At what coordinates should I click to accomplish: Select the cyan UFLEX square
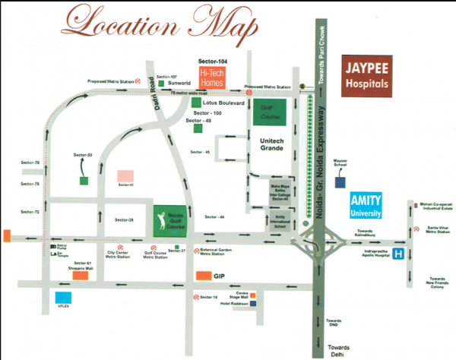[64, 298]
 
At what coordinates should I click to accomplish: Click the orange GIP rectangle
[203, 276]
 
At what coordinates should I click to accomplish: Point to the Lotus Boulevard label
[224, 103]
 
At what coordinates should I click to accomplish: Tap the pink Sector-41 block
[125, 176]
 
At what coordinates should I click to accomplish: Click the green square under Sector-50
[83, 181]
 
